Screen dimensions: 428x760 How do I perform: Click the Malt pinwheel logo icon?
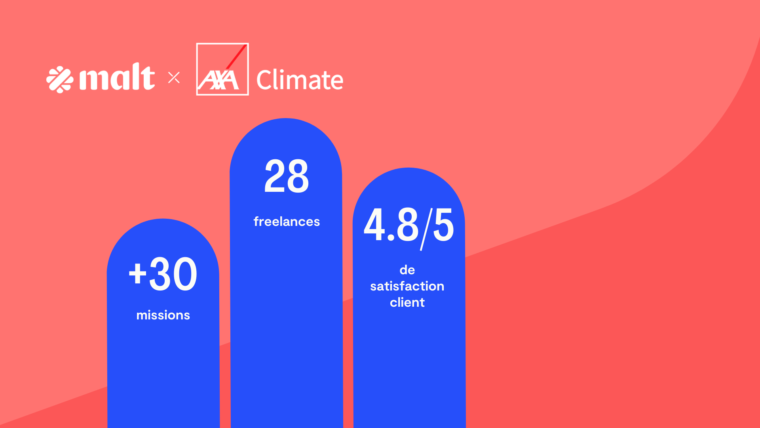point(60,79)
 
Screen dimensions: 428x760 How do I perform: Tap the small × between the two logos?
point(174,78)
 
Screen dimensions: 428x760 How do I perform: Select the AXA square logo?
point(222,69)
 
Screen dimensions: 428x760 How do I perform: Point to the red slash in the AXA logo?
point(237,57)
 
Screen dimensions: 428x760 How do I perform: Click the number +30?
point(163,274)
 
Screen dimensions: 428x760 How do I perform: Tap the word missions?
point(163,315)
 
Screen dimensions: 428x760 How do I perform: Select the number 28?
point(286,176)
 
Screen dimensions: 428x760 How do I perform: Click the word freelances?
point(287,222)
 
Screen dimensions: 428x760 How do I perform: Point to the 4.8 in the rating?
point(391,225)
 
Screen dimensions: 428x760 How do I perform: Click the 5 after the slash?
point(443,225)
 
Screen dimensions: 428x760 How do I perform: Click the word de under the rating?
point(407,270)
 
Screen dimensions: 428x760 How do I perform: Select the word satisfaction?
point(407,286)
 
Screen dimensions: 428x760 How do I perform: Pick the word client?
point(407,302)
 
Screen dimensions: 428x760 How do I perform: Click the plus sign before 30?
point(137,273)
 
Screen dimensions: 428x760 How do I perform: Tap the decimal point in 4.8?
point(391,238)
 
